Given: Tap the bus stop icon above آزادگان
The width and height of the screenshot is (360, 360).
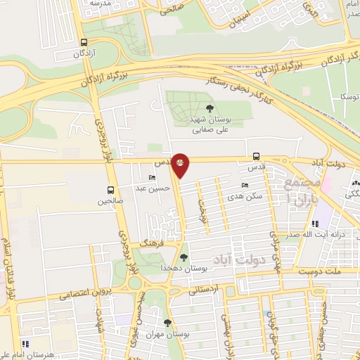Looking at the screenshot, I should (x=84, y=42).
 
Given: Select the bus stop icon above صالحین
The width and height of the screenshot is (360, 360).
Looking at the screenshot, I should (x=110, y=190).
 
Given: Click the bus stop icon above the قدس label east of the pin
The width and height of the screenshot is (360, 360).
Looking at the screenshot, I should (x=256, y=157).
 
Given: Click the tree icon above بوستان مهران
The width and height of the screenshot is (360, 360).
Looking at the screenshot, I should (x=167, y=323).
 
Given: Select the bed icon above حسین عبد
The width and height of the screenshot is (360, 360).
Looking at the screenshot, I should (x=153, y=178).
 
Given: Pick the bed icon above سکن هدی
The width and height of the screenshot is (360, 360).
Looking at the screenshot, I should (x=245, y=186).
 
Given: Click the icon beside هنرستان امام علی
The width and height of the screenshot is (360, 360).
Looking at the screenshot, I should (x=25, y=344).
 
